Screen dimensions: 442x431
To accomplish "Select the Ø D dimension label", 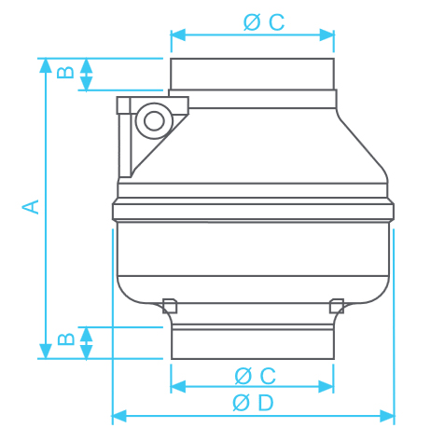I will click(x=253, y=403).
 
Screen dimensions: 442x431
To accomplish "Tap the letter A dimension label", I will click(x=32, y=206).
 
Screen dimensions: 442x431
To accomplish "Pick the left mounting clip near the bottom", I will click(x=170, y=304).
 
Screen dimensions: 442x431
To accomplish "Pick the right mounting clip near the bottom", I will click(x=337, y=304).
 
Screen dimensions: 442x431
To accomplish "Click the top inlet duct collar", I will click(x=252, y=74).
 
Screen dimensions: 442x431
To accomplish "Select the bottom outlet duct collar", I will click(x=252, y=341).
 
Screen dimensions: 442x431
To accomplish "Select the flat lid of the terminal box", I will click(x=153, y=101).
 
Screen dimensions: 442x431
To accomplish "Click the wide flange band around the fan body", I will click(x=252, y=212).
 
